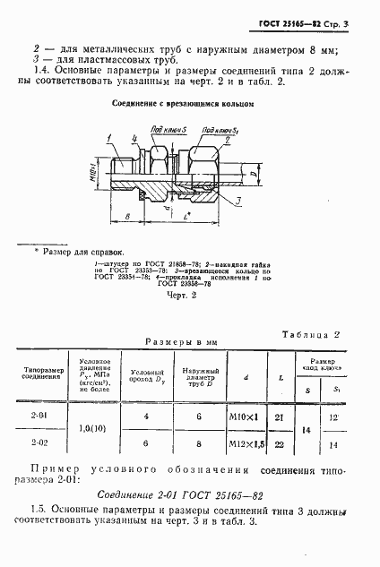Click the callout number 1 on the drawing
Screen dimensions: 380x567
point(109,137)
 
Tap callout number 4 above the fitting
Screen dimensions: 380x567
point(133,137)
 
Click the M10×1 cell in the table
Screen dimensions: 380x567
point(238,416)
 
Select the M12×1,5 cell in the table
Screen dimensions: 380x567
point(238,443)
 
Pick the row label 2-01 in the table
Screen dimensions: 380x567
point(39,415)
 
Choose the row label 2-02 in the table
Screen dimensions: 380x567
point(39,442)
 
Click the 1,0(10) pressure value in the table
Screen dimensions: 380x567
point(88,428)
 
